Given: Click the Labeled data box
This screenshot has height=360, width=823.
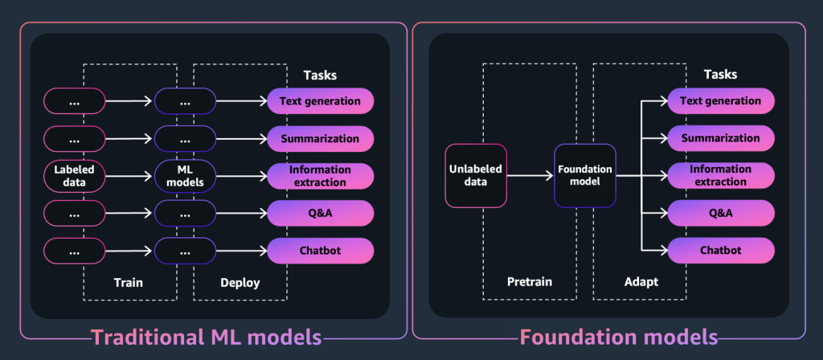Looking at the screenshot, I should [74, 176].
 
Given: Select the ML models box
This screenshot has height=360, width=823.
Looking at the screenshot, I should [185, 176].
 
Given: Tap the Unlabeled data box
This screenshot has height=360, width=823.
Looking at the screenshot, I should [476, 175].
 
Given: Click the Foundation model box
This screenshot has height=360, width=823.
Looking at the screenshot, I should [585, 175].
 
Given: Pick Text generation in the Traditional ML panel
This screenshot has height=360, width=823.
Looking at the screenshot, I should [320, 101].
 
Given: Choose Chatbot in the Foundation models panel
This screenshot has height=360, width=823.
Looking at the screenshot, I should [721, 250].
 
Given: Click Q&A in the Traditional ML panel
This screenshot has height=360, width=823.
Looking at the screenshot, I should [320, 213].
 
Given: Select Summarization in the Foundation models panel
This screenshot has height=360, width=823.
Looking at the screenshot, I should [721, 138].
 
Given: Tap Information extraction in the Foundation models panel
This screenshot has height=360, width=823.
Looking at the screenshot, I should [721, 175].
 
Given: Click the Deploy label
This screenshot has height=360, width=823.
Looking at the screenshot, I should [240, 284].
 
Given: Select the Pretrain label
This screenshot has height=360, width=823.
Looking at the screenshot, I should [530, 284].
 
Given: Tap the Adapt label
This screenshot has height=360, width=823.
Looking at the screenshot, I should [640, 284].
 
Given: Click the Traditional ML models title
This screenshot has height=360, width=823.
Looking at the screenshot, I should [206, 337].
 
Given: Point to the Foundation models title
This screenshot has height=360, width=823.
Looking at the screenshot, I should [618, 337].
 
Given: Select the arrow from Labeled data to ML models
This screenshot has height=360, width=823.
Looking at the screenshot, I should [129, 176].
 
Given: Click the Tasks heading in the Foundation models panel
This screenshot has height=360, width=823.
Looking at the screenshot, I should [720, 75].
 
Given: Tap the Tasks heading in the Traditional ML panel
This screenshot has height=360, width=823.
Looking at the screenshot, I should [320, 75].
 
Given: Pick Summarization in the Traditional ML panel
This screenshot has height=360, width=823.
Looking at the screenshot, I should [320, 138].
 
